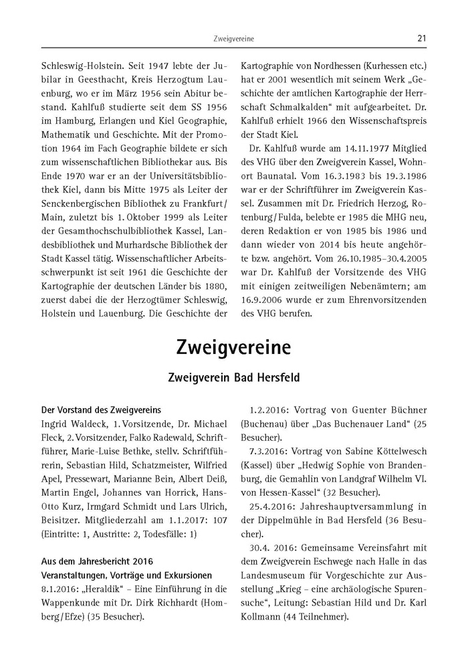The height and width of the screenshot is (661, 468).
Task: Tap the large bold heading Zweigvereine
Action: point(233,348)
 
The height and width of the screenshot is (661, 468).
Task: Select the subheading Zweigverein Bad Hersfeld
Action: point(233,378)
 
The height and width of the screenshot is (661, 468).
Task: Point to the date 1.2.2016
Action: point(267,409)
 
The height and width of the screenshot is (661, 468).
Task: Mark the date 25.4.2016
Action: point(271,507)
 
